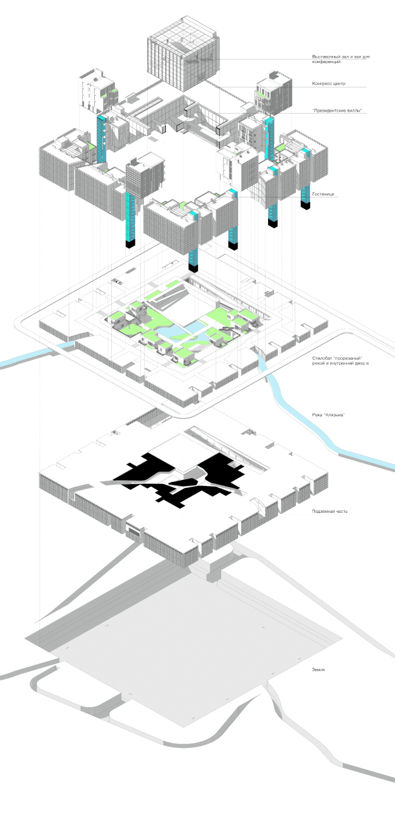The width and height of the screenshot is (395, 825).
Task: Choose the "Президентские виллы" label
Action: [332, 110]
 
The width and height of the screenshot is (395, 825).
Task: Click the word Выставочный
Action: [324, 58]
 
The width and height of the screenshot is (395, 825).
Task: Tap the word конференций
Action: [325, 63]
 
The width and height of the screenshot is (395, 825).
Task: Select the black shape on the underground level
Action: [176, 480]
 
